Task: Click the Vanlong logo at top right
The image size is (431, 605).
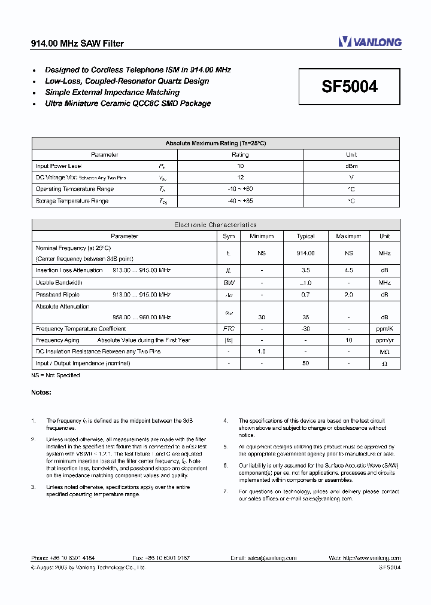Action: [369, 42]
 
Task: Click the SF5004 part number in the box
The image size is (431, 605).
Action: [350, 87]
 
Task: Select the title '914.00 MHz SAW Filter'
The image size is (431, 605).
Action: [77, 44]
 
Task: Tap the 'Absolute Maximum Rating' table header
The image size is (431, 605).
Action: [215, 143]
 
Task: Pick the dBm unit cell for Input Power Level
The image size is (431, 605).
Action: [351, 166]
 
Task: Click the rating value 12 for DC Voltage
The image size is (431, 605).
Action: [240, 178]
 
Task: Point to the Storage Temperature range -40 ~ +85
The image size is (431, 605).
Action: [240, 201]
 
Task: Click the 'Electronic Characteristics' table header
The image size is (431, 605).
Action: [215, 225]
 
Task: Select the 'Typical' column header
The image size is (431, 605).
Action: [305, 236]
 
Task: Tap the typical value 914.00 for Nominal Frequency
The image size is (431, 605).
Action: [305, 253]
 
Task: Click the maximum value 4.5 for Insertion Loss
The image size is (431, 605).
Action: [348, 270]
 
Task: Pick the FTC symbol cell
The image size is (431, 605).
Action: [229, 329]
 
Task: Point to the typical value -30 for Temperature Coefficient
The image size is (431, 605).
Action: [305, 329]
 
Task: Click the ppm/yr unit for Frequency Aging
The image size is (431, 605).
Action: [384, 340]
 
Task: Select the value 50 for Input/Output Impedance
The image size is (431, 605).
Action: [305, 363]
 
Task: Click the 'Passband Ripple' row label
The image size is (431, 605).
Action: [57, 295]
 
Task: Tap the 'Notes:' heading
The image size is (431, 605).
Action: [41, 392]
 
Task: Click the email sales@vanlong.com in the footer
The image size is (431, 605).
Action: [263, 558]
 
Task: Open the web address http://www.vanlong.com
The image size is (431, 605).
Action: [365, 558]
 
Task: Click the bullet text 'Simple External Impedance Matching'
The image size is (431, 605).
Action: [112, 93]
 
